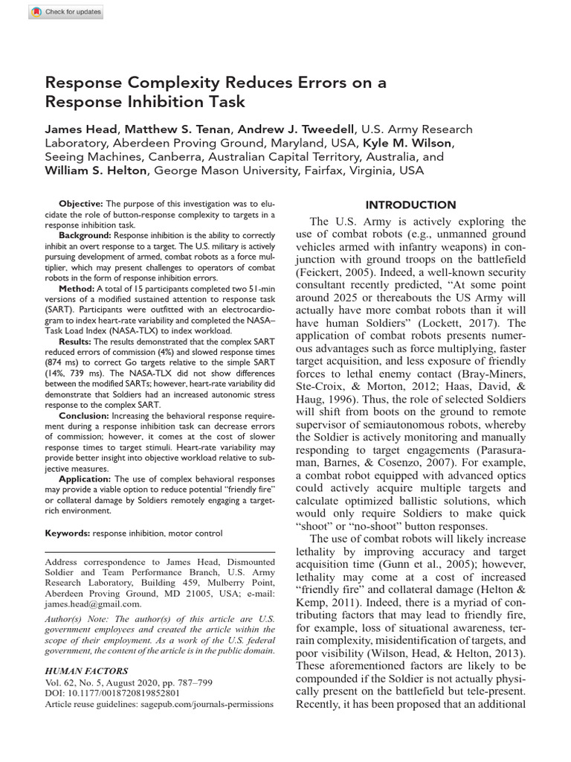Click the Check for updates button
[67, 12]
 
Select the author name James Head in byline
[78, 129]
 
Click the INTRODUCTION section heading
[410, 205]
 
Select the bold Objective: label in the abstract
[82, 204]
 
